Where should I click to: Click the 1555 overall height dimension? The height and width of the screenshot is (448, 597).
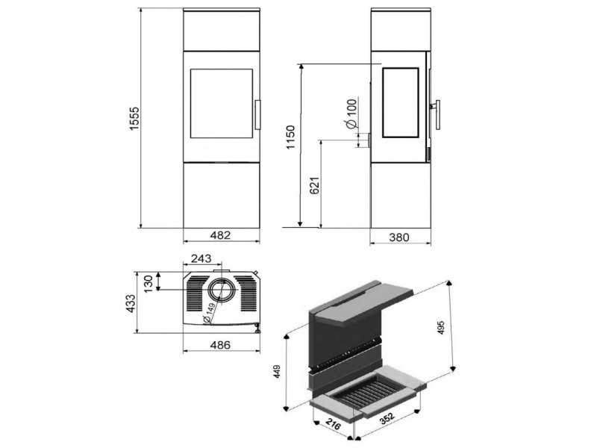[x=135, y=119]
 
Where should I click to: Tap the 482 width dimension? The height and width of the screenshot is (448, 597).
[x=220, y=235]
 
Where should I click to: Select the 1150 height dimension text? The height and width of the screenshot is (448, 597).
[x=290, y=137]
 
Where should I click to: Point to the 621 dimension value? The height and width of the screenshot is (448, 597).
[x=314, y=185]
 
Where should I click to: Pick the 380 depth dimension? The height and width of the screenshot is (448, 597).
[x=399, y=237]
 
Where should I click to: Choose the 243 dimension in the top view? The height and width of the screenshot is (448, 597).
[x=201, y=258]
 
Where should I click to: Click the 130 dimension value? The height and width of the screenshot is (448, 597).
[x=149, y=284]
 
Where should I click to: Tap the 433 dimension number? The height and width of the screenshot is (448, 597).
[x=131, y=304]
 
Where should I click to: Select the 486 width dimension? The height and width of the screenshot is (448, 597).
[x=220, y=345]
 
